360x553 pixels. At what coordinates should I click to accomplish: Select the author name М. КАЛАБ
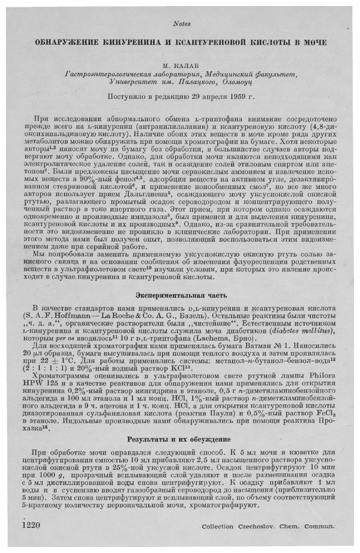click(x=181, y=64)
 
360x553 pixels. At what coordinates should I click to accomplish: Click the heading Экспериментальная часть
click(x=180, y=297)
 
